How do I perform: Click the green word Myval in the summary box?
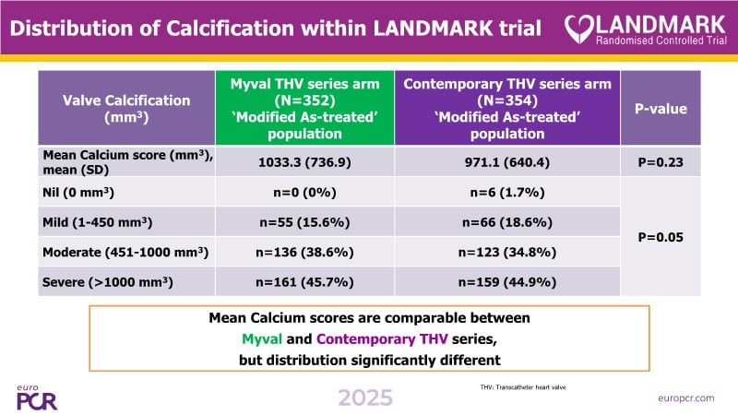click(252, 338)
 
